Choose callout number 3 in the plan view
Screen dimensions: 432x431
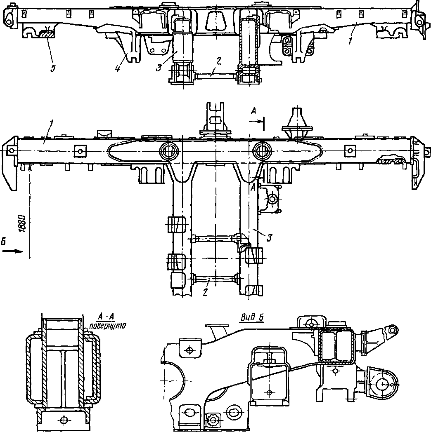pos(269,237)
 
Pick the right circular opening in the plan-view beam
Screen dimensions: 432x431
pos(262,151)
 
